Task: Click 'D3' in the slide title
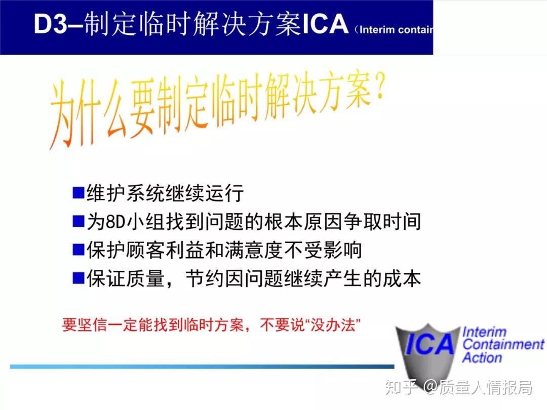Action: click(50, 25)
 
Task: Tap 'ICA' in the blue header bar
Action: click(325, 25)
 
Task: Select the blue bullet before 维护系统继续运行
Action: click(78, 193)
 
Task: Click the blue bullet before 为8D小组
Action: click(78, 221)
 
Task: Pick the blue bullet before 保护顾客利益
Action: click(78, 250)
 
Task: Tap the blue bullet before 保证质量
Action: click(78, 278)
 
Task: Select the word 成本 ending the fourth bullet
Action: click(406, 278)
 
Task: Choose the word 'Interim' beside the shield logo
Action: click(485, 332)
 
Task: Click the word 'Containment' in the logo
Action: click(503, 345)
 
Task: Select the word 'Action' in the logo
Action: click(482, 358)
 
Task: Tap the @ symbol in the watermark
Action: click(430, 388)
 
